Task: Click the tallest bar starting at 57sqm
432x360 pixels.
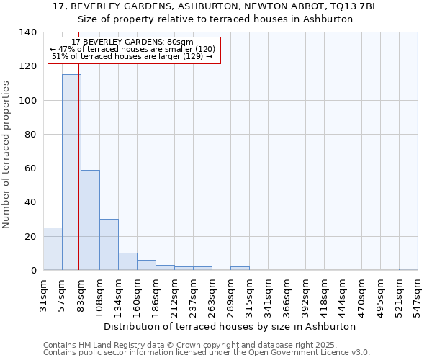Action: pos(71,173)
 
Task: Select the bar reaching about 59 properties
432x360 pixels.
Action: pos(90,220)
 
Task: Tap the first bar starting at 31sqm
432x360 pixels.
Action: pos(53,249)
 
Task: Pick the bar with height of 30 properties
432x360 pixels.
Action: pos(109,245)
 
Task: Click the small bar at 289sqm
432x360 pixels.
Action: pos(240,268)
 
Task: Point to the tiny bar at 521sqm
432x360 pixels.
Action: pos(408,269)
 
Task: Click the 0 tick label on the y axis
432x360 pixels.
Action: pos(32,271)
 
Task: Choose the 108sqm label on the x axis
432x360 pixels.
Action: pos(100,295)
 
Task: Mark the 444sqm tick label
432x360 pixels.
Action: pos(343,295)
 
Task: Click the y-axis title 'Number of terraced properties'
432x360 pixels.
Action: pos(6,155)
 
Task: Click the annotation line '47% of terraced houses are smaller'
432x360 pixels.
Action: pos(132,49)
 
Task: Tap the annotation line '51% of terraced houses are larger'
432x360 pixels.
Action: pos(132,56)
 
